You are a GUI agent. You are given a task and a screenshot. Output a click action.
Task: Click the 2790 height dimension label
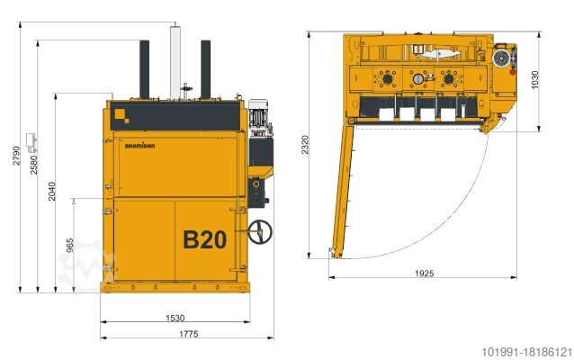tap(16, 156)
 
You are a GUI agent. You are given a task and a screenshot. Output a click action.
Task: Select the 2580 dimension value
tap(33, 165)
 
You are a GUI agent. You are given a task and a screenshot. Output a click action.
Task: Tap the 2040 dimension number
tap(51, 191)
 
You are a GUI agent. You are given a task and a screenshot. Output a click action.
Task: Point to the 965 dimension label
tap(70, 245)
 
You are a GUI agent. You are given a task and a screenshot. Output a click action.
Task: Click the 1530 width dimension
tap(175, 318)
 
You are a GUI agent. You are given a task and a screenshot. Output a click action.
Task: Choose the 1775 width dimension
tap(189, 334)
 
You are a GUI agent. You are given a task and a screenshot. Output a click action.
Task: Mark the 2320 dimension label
tap(305, 145)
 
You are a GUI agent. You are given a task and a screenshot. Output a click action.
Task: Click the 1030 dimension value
tap(534, 79)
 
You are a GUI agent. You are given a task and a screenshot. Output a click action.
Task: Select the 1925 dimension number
tap(425, 274)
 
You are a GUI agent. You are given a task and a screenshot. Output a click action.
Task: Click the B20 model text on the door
tap(204, 239)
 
